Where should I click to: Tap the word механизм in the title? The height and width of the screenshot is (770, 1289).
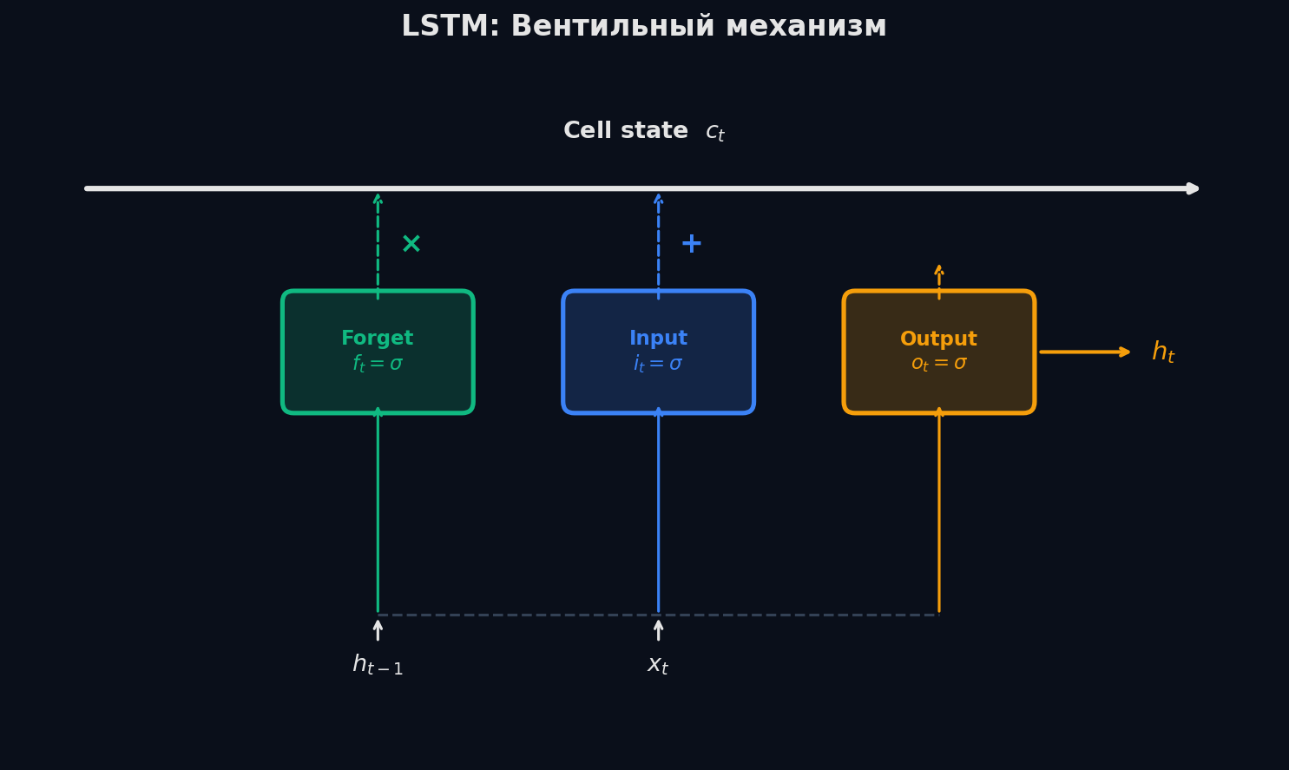(806, 27)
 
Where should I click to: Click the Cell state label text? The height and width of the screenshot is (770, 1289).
(625, 131)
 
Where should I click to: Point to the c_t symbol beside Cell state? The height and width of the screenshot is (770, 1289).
(715, 132)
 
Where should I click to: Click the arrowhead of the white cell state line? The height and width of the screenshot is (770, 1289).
(1194, 188)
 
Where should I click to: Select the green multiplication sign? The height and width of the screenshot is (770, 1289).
(411, 244)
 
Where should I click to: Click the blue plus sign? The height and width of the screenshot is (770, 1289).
(691, 244)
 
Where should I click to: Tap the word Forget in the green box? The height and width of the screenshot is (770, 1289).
(378, 339)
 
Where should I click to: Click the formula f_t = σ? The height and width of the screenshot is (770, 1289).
(378, 364)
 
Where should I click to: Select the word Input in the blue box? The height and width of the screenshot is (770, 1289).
(658, 339)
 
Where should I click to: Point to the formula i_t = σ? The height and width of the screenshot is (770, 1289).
(658, 364)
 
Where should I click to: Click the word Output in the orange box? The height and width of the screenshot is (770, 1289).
(938, 339)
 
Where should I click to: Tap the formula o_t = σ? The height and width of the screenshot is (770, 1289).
(938, 364)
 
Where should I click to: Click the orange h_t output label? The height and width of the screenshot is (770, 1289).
(1163, 352)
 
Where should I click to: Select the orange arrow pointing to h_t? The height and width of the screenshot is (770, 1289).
(1085, 352)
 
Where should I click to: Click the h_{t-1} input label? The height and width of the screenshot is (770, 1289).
(378, 666)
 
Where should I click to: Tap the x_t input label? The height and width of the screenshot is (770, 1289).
(658, 666)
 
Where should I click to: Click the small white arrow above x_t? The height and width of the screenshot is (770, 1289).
(658, 629)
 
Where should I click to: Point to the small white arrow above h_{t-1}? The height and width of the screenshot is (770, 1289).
(378, 629)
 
